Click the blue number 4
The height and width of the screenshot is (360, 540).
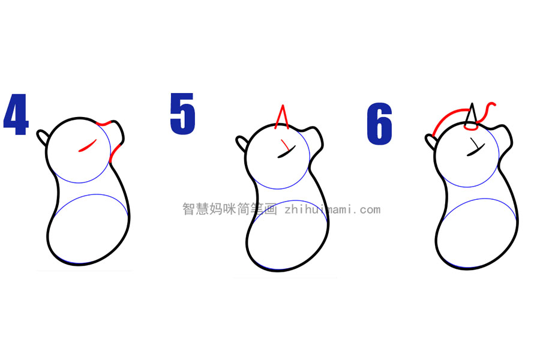[16, 114]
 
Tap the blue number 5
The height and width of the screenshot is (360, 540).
[182, 113]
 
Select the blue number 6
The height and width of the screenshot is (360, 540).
[379, 124]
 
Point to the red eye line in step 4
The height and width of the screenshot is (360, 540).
[88, 145]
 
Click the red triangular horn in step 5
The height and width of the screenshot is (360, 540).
[282, 116]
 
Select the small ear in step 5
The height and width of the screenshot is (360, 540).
[241, 143]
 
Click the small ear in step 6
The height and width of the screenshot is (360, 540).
[431, 142]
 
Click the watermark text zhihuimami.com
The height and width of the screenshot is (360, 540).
[332, 209]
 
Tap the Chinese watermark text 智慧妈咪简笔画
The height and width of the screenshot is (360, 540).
[229, 209]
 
